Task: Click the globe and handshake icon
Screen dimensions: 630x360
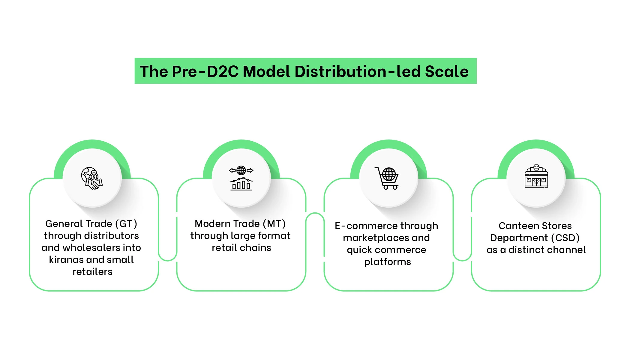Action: pos(92,178)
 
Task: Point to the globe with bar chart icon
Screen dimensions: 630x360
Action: pos(241,178)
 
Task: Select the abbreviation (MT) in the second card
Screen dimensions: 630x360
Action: pos(274,224)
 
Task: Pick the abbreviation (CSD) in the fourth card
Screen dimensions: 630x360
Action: pos(565,238)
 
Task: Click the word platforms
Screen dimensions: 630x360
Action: pos(387,262)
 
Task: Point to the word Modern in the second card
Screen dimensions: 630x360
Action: pos(212,224)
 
